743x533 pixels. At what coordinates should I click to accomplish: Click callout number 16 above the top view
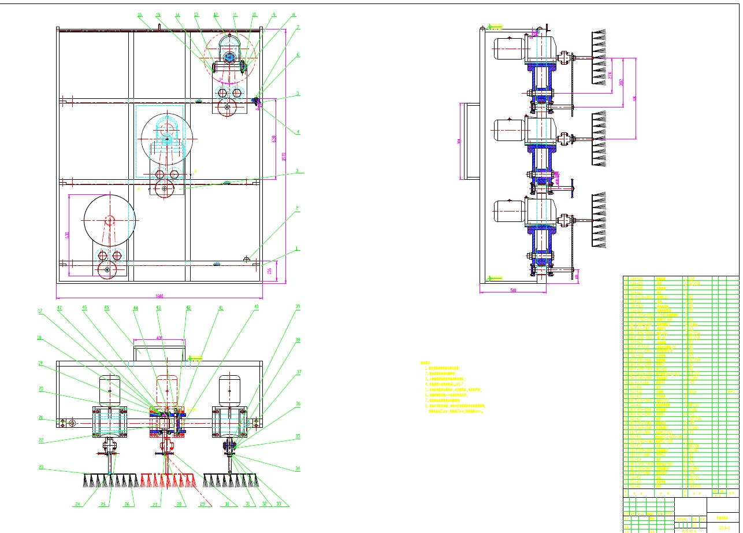(x=139, y=15)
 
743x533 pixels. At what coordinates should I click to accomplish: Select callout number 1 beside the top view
(x=298, y=249)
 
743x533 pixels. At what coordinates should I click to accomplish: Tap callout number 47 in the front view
(x=60, y=308)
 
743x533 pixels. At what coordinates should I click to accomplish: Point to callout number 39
(x=298, y=308)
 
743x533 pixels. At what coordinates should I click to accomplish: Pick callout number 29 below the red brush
(x=203, y=505)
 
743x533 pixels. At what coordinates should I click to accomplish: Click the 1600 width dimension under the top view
(x=159, y=296)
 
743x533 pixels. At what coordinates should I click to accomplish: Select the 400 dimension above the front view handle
(x=159, y=338)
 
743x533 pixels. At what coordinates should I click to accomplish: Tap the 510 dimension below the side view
(x=513, y=291)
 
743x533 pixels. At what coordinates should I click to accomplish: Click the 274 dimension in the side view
(x=610, y=75)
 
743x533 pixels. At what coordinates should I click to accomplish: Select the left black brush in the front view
(x=110, y=479)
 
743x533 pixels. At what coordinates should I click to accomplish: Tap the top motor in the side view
(x=508, y=49)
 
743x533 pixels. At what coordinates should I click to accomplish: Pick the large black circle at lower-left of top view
(x=110, y=220)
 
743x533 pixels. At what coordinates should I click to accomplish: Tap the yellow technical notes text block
(x=454, y=387)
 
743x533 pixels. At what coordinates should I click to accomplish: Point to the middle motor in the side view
(x=508, y=129)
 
